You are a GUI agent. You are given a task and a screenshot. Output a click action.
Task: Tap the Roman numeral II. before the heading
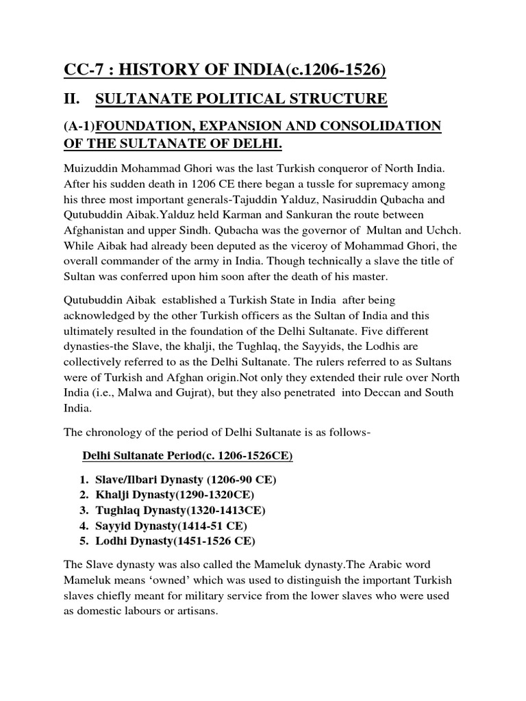click(x=72, y=100)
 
